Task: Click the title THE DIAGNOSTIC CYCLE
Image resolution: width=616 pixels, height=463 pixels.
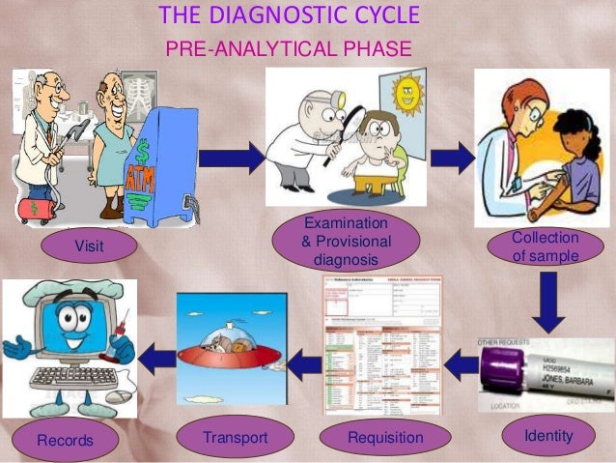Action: (289, 16)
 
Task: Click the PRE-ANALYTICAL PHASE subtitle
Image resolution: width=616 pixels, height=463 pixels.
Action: (289, 48)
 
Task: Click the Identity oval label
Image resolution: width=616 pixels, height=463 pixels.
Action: (547, 437)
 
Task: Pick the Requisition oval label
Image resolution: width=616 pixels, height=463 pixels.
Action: (384, 439)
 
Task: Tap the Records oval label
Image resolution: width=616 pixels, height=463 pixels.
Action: (65, 441)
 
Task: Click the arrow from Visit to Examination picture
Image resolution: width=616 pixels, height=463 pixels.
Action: (231, 158)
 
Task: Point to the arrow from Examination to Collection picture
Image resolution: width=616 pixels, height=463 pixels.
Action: (451, 158)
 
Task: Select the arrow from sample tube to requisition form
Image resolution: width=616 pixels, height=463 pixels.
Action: (461, 363)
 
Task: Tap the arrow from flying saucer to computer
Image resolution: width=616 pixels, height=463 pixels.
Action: (155, 361)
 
